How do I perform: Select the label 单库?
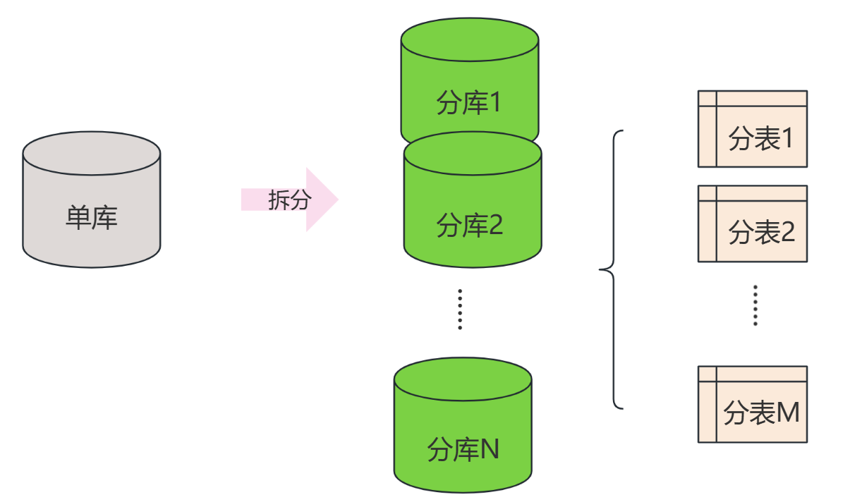92,218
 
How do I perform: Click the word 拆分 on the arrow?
289,200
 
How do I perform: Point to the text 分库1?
468,104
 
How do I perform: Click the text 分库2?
470,226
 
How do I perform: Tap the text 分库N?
463,449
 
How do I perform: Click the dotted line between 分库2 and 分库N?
460,309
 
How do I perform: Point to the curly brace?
614,269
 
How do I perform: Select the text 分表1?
760,140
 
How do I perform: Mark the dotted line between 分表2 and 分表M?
756,305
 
